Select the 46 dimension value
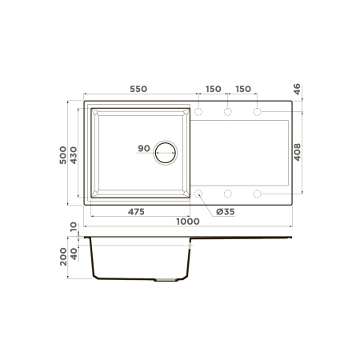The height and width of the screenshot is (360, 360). tap(297, 90)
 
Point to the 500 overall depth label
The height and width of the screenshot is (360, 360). tap(63, 152)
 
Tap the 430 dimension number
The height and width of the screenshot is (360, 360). tap(74, 152)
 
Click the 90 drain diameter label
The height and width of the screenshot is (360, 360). tap(144, 148)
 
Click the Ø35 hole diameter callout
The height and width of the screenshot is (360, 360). tap(225, 212)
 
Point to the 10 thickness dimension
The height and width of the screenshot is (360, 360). tap(74, 227)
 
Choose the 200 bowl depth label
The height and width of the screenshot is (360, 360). tap(63, 257)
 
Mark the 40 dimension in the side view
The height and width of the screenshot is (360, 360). tap(74, 254)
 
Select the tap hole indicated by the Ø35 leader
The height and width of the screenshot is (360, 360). tap(198, 193)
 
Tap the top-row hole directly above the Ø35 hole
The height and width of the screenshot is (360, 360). tap(198, 112)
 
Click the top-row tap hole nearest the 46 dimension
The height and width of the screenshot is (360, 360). tap(258, 112)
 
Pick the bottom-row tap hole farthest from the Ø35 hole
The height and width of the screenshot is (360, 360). tap(258, 193)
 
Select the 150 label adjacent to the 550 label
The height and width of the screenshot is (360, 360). tap(213, 88)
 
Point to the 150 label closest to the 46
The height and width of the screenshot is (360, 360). tap(243, 88)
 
